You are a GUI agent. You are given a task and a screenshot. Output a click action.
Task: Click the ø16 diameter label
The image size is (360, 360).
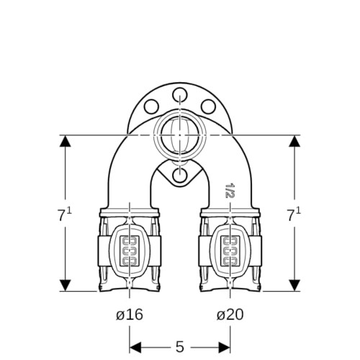pos(130,315)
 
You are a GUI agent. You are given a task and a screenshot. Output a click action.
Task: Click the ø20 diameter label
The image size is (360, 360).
pos(230,315)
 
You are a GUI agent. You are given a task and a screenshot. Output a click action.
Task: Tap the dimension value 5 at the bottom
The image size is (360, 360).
pos(180,347)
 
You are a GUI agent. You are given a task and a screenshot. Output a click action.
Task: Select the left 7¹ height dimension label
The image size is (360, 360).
pos(64,214)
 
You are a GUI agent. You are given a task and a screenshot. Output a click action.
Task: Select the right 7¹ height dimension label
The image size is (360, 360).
pos(294,214)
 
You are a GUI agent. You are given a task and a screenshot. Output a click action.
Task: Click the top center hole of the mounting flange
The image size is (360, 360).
pos(180,96)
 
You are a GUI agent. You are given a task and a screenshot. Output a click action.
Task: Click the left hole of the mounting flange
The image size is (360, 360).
pos(152,107)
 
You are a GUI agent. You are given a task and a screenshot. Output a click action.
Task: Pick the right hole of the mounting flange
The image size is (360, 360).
pos(208,107)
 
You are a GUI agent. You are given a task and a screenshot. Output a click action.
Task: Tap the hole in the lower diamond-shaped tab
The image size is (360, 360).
pos(180,175)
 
